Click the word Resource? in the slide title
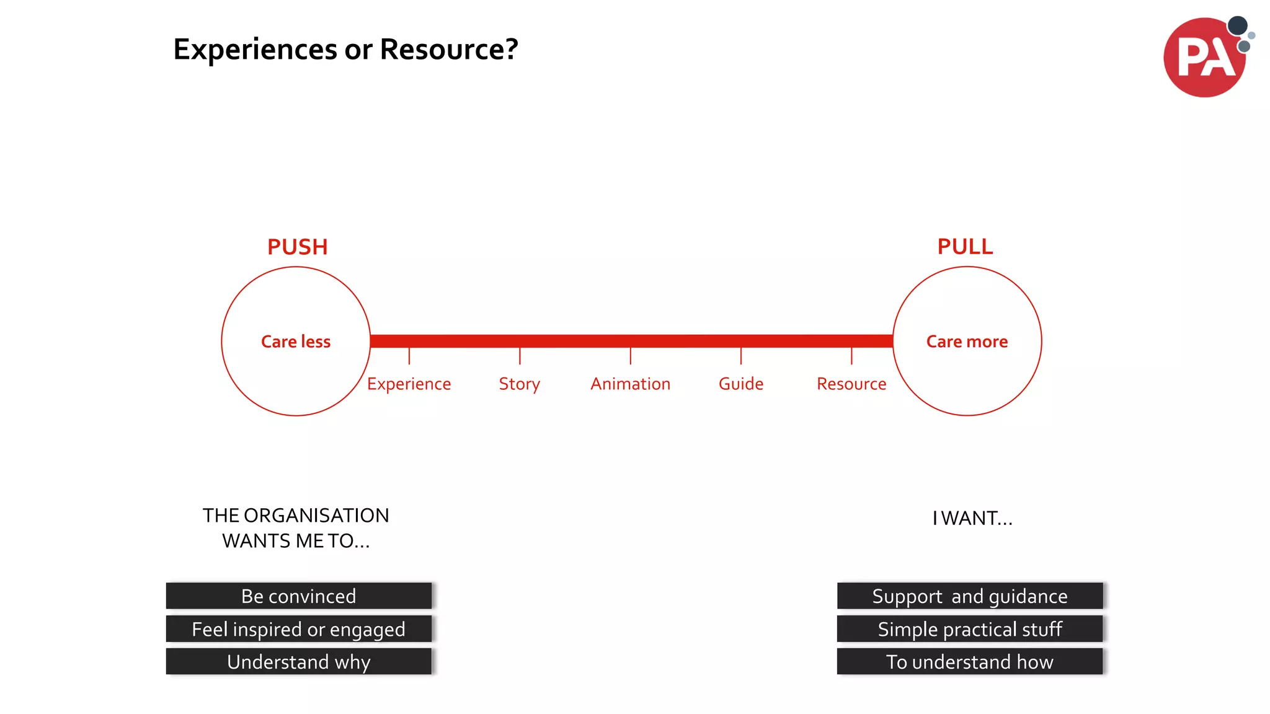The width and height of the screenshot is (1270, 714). click(x=448, y=50)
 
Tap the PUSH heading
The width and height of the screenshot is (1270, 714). click(x=297, y=247)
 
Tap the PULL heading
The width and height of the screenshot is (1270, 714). click(x=965, y=247)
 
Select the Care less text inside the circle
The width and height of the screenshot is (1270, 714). click(x=296, y=342)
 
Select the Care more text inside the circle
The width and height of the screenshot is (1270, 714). click(x=967, y=342)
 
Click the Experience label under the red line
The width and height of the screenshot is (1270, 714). click(x=409, y=384)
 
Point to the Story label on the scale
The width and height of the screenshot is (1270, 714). click(x=519, y=384)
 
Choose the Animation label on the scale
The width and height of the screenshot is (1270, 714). click(x=630, y=384)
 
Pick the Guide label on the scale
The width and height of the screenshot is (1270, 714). click(x=740, y=384)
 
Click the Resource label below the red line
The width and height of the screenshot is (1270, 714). click(x=851, y=384)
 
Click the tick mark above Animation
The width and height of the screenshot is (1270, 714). click(x=630, y=356)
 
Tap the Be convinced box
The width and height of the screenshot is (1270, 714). click(x=298, y=596)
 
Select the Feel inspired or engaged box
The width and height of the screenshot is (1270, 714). click(x=298, y=628)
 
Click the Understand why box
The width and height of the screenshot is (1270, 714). click(x=298, y=661)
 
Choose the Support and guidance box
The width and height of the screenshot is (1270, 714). click(x=969, y=596)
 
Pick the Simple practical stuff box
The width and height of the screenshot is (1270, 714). click(x=969, y=628)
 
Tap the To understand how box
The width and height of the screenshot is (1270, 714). click(x=969, y=661)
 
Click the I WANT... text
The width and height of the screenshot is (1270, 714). click(x=972, y=518)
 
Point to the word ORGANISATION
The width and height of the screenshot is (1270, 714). click(x=316, y=516)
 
